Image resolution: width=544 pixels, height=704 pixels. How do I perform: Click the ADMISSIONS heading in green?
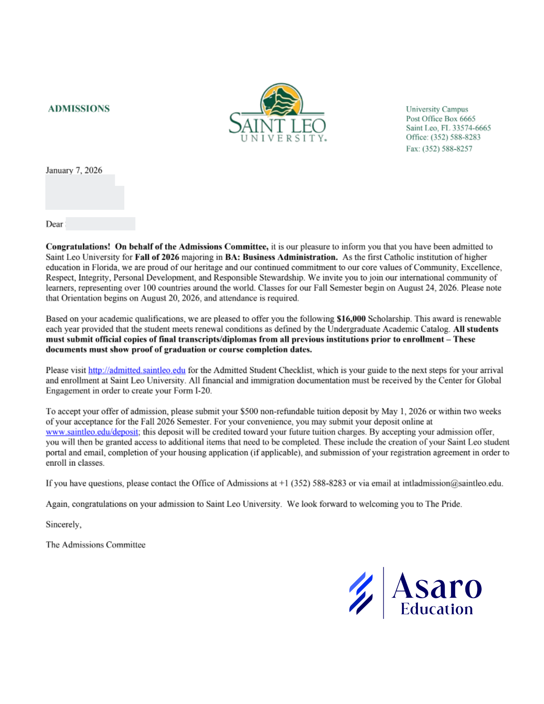coord(79,108)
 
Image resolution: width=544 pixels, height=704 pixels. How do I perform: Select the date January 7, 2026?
coord(74,170)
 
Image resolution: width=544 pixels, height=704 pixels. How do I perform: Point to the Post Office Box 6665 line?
coord(440,119)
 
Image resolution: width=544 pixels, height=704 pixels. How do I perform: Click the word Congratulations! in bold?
coord(78,246)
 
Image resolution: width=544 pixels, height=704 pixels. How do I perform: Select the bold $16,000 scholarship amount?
coord(351,319)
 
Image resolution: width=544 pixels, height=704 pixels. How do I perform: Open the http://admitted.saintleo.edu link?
coord(137,370)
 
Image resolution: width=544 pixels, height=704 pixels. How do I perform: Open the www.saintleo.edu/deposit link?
coord(92,432)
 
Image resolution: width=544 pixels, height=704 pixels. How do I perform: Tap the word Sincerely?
coord(63,524)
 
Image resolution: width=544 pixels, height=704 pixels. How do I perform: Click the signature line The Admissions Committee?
coord(95,545)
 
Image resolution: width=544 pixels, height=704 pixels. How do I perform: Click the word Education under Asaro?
coord(437,609)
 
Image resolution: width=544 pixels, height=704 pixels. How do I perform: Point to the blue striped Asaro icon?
coord(361,593)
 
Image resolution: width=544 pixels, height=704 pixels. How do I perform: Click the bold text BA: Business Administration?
coord(281,257)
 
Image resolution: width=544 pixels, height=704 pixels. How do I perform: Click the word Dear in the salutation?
coord(54,224)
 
